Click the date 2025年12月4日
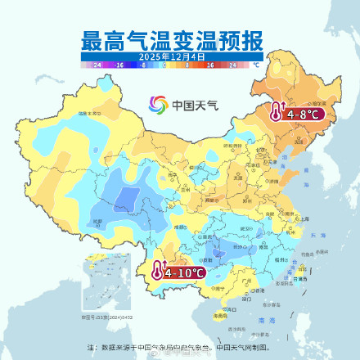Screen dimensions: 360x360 pyautogui.click(x=171, y=56)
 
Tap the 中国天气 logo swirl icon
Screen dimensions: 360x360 pyautogui.click(x=158, y=104)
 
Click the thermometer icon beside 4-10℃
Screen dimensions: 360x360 pyautogui.click(x=155, y=270)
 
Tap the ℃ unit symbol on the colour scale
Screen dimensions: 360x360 pyautogui.click(x=255, y=64)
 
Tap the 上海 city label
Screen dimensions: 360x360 pyautogui.click(x=304, y=219)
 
